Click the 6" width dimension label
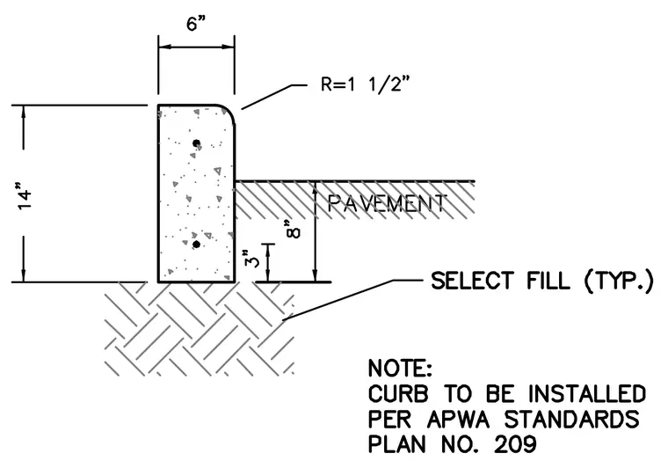point(196,24)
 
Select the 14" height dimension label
point(25,196)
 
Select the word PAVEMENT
point(388,203)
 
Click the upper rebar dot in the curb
point(196,143)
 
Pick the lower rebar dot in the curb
point(196,245)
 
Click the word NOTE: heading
point(400,368)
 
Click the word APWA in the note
point(459,420)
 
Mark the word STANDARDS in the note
point(572,420)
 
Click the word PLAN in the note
point(397,445)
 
